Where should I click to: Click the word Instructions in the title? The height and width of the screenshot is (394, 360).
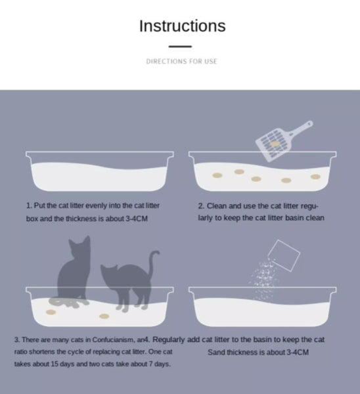click(182, 26)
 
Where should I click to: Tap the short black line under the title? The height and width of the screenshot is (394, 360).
click(180, 47)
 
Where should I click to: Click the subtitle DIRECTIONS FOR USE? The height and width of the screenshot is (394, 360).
click(181, 61)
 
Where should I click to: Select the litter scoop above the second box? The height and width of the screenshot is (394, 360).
click(284, 141)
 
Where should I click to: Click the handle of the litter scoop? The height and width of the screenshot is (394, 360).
click(301, 129)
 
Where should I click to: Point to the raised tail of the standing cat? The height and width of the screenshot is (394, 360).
click(153, 264)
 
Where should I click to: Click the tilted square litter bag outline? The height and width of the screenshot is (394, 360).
click(284, 256)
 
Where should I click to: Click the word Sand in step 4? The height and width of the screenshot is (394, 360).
click(216, 352)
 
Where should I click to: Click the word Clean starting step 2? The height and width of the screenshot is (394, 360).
click(217, 206)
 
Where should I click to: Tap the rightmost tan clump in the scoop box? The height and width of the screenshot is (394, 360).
click(315, 177)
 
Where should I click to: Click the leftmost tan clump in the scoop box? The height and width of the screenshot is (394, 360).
click(217, 175)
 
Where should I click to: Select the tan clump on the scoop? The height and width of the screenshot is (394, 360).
click(275, 144)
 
